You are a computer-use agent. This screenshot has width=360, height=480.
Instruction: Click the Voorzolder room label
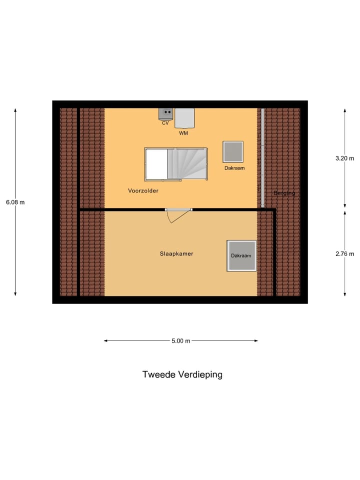tap(143, 190)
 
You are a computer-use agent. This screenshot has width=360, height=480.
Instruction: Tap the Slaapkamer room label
tap(176, 253)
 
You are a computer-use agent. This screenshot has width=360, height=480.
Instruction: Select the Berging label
tap(284, 193)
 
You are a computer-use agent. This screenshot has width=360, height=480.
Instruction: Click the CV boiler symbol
tap(165, 113)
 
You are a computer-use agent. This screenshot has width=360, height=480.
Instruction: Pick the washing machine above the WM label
tap(184, 118)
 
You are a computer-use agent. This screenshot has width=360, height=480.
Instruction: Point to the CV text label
tap(165, 123)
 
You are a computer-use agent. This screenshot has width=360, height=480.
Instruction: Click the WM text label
tap(183, 133)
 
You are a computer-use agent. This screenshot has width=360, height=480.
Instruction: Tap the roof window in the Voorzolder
tap(233, 151)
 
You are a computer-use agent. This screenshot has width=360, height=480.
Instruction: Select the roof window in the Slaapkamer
tap(241, 255)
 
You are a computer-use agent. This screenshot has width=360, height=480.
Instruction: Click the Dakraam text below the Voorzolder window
tap(234, 168)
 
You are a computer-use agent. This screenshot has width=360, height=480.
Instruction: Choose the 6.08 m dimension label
tap(15, 202)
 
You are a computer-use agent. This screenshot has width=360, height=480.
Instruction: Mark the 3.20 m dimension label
tap(344, 158)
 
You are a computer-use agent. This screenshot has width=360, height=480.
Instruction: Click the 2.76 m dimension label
tap(344, 253)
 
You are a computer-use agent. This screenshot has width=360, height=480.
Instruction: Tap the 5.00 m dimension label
tap(180, 341)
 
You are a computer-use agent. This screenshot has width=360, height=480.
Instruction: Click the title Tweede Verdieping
tap(182, 374)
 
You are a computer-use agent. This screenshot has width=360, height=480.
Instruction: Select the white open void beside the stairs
tap(155, 164)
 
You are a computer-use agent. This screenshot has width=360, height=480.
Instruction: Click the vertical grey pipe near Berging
tap(262, 157)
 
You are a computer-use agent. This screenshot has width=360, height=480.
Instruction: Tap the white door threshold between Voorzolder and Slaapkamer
tap(178, 209)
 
